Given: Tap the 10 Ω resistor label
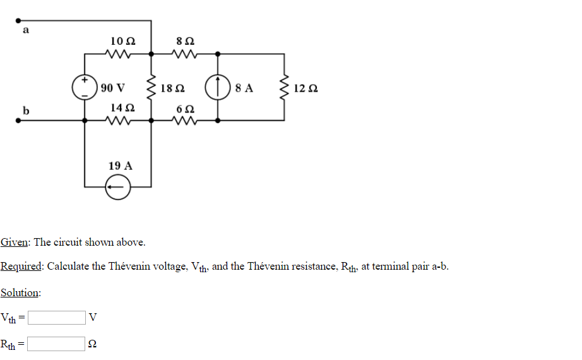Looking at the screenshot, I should coord(122,41).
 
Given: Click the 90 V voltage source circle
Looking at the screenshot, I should coord(85,87).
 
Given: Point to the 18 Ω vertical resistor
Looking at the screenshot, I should coord(151,88).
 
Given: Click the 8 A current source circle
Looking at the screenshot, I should coord(218,88).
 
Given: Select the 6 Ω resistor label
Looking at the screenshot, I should coord(186,108).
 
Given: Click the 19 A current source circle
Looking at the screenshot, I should coord(118,187).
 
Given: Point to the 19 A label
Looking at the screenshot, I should coord(120,165).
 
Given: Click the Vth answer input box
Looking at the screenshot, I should coord(57,317).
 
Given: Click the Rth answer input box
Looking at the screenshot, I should coord(57,344).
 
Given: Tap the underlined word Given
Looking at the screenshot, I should coord(15,242).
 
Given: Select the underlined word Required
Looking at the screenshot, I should coord(21,266).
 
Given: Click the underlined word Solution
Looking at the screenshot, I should coord(20,292).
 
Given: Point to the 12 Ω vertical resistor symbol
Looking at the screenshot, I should coord(283,88).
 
